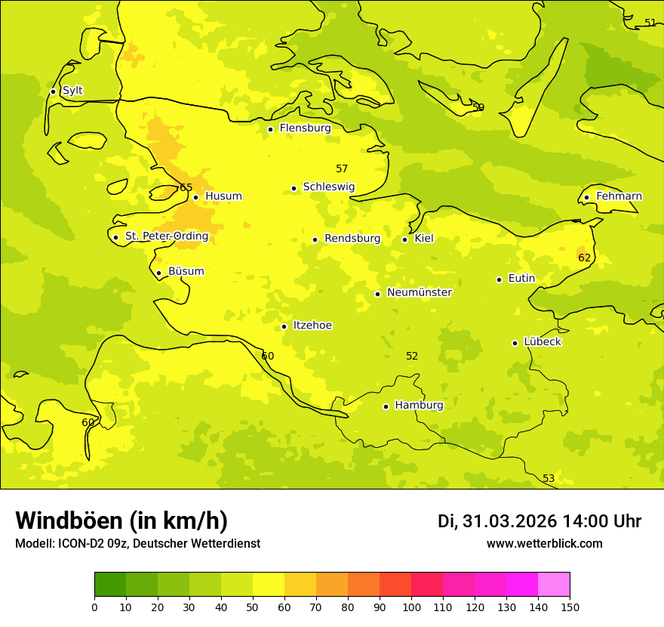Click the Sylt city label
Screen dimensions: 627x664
coord(72,91)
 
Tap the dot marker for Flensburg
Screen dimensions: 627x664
coord(270,129)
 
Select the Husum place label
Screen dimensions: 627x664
coord(223,196)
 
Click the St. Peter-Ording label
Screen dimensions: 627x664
coord(167,236)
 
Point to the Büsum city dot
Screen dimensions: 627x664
coord(158,273)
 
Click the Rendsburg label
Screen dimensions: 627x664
coord(352,239)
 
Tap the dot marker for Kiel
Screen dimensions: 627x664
coord(404,239)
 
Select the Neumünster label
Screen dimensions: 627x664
coord(420,292)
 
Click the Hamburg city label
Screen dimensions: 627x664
coord(419,405)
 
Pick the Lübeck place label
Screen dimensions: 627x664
coord(542,341)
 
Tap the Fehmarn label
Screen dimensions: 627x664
coord(619,196)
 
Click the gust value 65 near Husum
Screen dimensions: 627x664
coord(186,188)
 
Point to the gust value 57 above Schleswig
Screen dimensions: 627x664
coord(342,168)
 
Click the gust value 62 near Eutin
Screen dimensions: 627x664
coord(585,258)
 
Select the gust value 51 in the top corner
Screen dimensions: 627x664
coord(650,23)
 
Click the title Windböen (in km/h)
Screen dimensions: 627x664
coord(121,520)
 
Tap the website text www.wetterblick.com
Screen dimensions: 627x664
coord(544,543)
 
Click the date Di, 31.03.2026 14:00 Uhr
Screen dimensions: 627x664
coord(539,521)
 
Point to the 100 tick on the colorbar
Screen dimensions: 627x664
coord(411,607)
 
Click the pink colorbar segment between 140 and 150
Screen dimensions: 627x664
coord(554,585)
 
